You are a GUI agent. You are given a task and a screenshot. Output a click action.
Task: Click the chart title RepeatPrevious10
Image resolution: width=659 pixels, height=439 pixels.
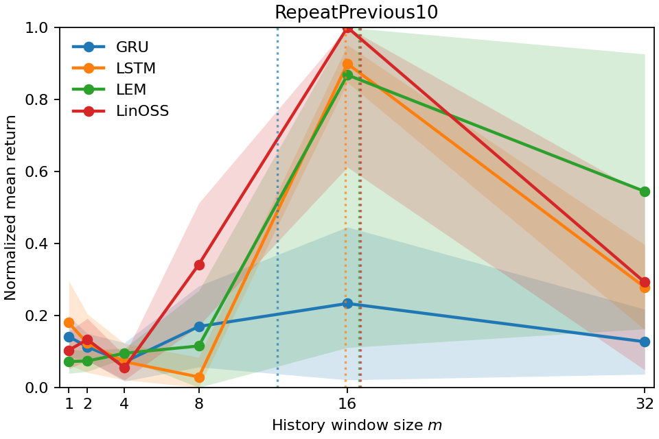356,12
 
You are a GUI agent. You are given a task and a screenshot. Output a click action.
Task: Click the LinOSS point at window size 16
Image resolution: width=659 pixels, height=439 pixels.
347,27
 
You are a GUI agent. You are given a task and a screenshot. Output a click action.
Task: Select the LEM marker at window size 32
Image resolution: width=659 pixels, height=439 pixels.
645,191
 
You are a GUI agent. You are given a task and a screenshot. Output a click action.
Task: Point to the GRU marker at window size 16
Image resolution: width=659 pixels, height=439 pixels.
347,303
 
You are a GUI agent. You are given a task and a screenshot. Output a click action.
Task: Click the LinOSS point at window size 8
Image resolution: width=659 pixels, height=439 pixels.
199,265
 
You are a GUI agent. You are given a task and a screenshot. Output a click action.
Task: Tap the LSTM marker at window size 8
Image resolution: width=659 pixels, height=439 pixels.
199,377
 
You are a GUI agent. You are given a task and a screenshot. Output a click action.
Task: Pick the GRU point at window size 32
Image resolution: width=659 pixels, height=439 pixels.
645,342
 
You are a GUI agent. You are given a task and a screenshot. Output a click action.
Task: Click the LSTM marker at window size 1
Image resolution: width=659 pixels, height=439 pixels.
69,322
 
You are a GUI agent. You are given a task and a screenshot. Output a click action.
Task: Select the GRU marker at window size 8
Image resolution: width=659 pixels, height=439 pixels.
199,327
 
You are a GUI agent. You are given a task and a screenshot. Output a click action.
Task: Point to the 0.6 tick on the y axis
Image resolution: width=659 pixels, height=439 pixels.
42,171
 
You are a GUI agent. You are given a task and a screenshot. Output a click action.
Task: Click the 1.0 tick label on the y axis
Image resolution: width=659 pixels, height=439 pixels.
42,27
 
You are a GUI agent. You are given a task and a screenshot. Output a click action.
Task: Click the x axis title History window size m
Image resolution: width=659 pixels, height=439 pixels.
356,425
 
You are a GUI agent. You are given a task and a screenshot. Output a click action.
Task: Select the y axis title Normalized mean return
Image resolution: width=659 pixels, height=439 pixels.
11,207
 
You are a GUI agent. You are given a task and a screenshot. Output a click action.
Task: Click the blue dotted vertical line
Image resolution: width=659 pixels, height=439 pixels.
277,206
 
